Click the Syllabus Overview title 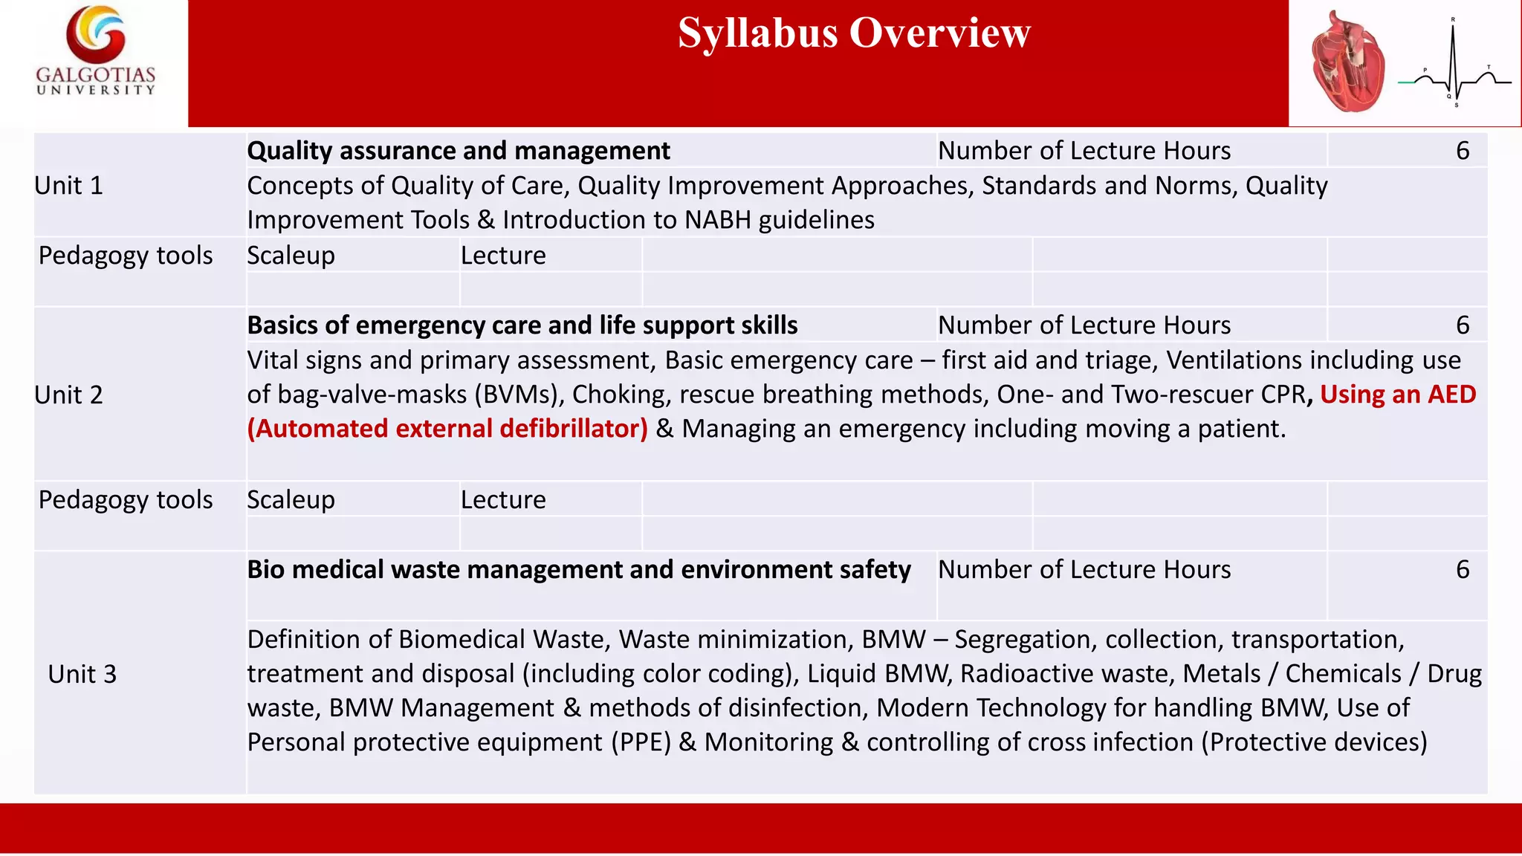(854, 33)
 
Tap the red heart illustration (1347, 63)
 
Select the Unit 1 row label (68, 186)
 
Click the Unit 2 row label (68, 395)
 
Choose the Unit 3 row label (82, 675)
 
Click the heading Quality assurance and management (458, 151)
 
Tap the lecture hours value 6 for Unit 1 (1462, 151)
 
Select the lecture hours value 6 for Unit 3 (1462, 570)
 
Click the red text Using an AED (1397, 395)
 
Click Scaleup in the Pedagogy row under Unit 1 (291, 256)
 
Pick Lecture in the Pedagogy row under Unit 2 (503, 500)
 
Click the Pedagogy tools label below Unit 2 (125, 500)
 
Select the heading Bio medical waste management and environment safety (578, 570)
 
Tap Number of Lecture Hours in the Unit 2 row (1084, 325)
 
